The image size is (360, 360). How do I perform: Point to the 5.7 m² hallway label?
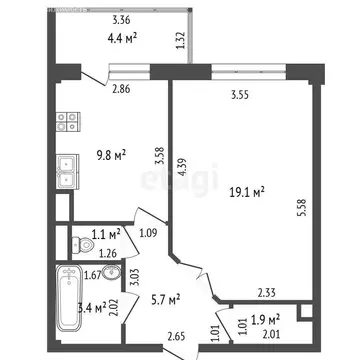165,298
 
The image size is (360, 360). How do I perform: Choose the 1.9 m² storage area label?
265,319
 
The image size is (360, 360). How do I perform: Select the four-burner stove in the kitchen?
67,122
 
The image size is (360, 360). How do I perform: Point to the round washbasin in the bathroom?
113,277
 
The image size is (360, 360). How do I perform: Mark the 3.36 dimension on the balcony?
122,20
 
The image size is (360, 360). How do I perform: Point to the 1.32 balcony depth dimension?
180,41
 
